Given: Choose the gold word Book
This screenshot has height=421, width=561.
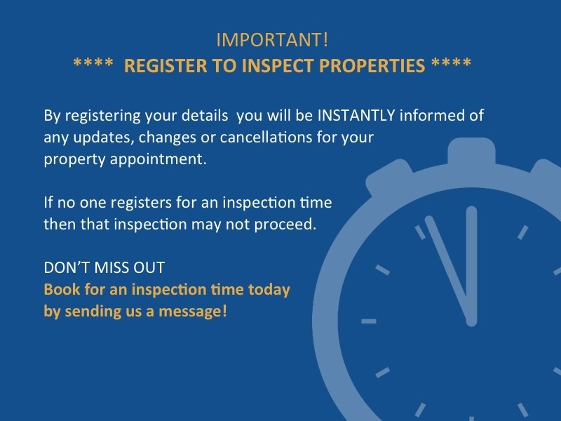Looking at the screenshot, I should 59,290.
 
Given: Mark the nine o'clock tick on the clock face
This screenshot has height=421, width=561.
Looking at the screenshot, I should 368,321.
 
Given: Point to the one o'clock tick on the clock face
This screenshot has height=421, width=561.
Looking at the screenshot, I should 522,232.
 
